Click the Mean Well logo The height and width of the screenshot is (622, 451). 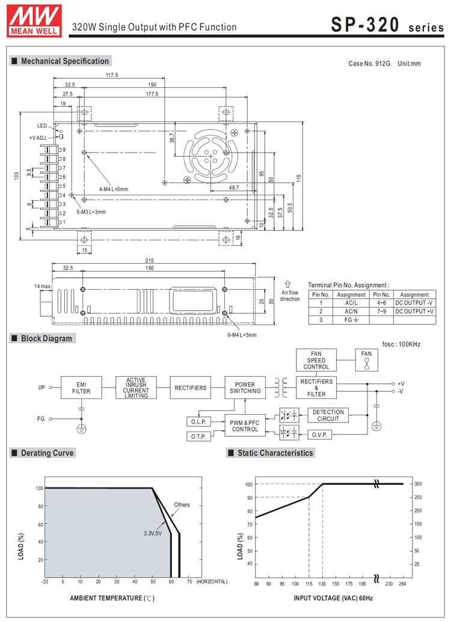(34, 21)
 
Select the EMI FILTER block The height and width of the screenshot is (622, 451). (81, 388)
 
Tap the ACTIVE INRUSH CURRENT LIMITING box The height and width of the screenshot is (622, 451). (136, 388)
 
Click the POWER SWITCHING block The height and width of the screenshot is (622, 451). (245, 388)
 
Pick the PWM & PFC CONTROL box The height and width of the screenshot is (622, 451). (245, 425)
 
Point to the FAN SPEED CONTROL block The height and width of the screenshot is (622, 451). (316, 360)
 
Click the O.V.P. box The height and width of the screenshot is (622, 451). (319, 434)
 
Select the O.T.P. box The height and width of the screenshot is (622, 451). (198, 436)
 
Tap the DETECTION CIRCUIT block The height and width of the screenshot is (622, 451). (328, 415)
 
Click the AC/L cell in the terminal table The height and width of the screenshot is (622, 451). (351, 303)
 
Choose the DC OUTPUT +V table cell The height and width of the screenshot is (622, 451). (414, 311)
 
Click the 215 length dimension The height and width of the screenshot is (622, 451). (149, 261)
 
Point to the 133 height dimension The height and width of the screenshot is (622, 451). (16, 175)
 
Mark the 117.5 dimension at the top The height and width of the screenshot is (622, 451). (112, 75)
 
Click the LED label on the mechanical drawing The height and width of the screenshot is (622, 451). (42, 126)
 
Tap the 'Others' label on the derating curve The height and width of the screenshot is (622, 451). (182, 505)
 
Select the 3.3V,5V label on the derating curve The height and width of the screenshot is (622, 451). (153, 533)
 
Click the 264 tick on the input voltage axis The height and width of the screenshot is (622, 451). (402, 584)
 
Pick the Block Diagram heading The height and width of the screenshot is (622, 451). (46, 338)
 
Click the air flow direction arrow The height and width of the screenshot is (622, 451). (288, 284)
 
